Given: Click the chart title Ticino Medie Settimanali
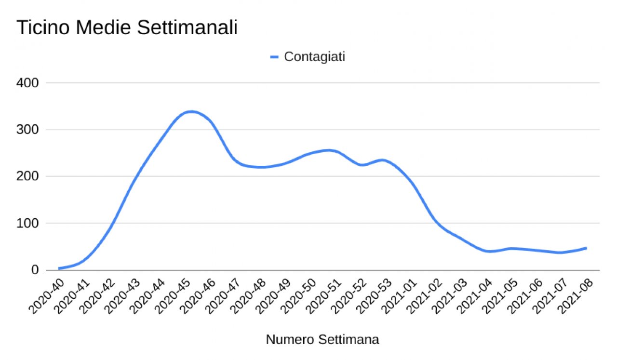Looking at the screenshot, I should pyautogui.click(x=127, y=27).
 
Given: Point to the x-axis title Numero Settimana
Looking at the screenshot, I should pyautogui.click(x=322, y=340).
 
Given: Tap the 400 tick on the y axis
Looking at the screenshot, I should pyautogui.click(x=28, y=83).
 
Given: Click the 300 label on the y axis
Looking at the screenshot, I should pyautogui.click(x=28, y=130).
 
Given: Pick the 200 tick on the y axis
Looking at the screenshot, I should pyautogui.click(x=28, y=176).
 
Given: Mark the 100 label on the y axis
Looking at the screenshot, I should pyautogui.click(x=28, y=223).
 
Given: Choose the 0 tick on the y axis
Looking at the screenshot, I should pyautogui.click(x=35, y=270).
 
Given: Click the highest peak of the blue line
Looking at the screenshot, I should pyautogui.click(x=191, y=111).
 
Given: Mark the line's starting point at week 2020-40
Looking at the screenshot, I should pyautogui.click(x=59, y=268).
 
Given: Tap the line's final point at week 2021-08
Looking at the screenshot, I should pyautogui.click(x=586, y=248).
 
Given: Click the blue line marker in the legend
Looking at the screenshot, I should pyautogui.click(x=274, y=57).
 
